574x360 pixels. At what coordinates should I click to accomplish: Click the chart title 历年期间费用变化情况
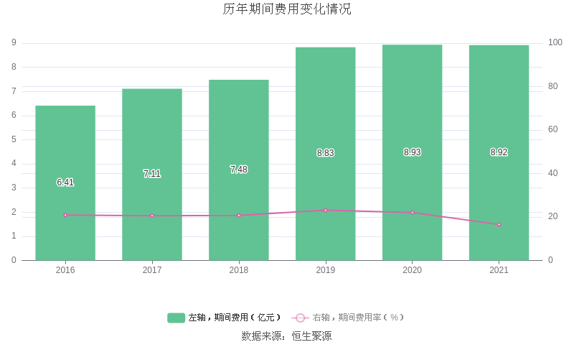tap(287, 9)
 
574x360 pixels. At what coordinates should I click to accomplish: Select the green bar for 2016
tap(65, 216)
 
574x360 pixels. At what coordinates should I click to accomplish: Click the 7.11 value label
tap(152, 174)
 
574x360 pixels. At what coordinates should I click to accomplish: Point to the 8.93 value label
tap(412, 152)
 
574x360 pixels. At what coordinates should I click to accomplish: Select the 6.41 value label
tap(65, 183)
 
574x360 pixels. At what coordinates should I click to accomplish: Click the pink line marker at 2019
tap(325, 211)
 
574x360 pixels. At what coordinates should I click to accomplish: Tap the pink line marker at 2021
tap(499, 224)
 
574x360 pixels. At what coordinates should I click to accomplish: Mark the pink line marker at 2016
tap(65, 215)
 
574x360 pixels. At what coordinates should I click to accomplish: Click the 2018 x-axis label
tap(239, 270)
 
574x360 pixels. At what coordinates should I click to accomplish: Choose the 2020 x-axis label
tap(412, 270)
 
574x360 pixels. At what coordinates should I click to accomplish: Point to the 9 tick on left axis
tap(14, 43)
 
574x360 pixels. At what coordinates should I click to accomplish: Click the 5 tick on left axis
tap(14, 139)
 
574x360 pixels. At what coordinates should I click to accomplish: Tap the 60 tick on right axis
tap(553, 130)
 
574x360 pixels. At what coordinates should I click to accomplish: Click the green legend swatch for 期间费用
tap(177, 318)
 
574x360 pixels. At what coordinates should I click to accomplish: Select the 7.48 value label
tap(239, 170)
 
